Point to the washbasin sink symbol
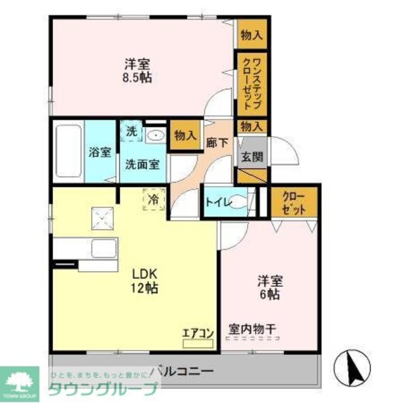(154, 135)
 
